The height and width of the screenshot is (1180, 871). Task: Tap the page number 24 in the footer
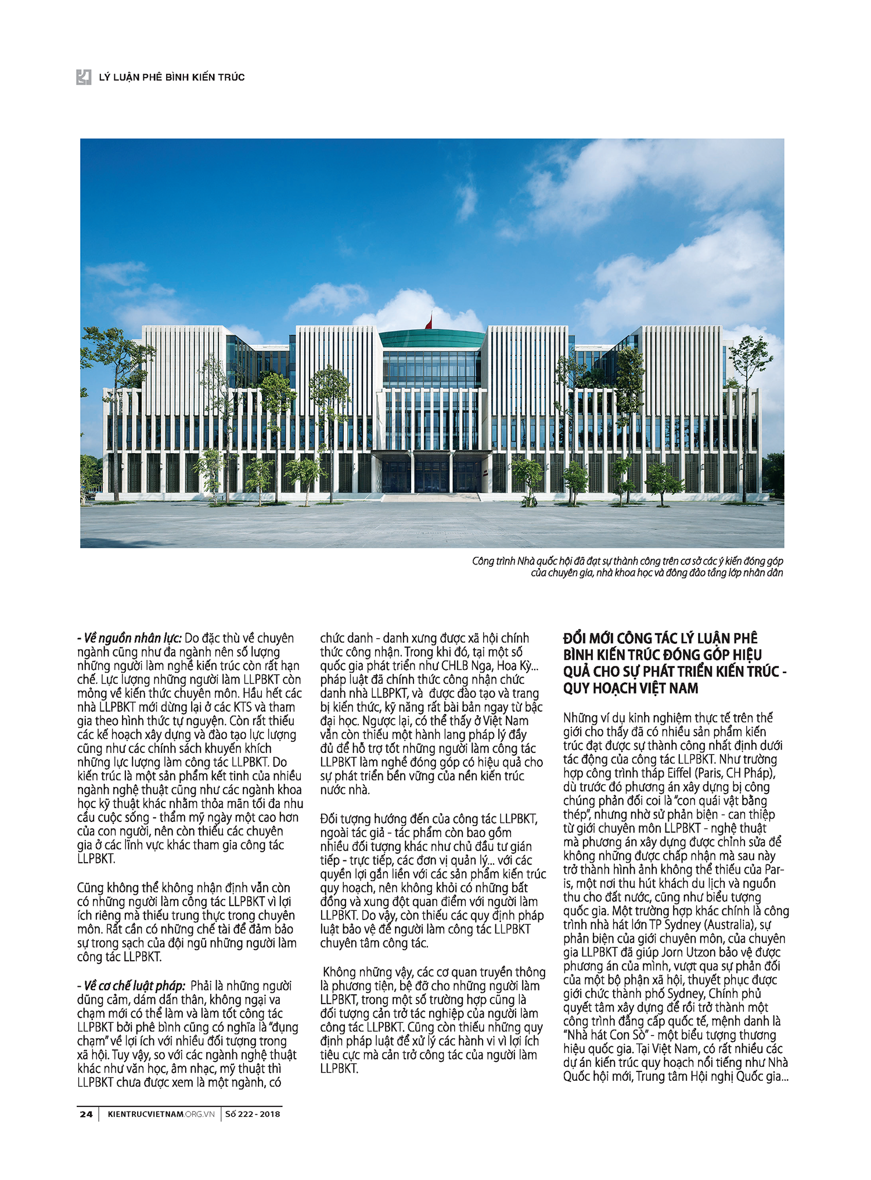tap(86, 1114)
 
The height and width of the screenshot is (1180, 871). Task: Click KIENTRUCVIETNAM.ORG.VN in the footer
tap(161, 1114)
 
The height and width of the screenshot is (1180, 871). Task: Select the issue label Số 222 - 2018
tap(253, 1114)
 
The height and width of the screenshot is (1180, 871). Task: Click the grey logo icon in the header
tap(84, 77)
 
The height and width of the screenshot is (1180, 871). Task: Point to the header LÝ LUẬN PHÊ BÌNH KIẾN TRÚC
tap(172, 77)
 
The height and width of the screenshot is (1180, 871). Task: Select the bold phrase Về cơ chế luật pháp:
tap(131, 986)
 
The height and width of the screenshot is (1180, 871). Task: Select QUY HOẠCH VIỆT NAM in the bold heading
tap(631, 689)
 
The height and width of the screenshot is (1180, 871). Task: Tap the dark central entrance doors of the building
tap(431, 473)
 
